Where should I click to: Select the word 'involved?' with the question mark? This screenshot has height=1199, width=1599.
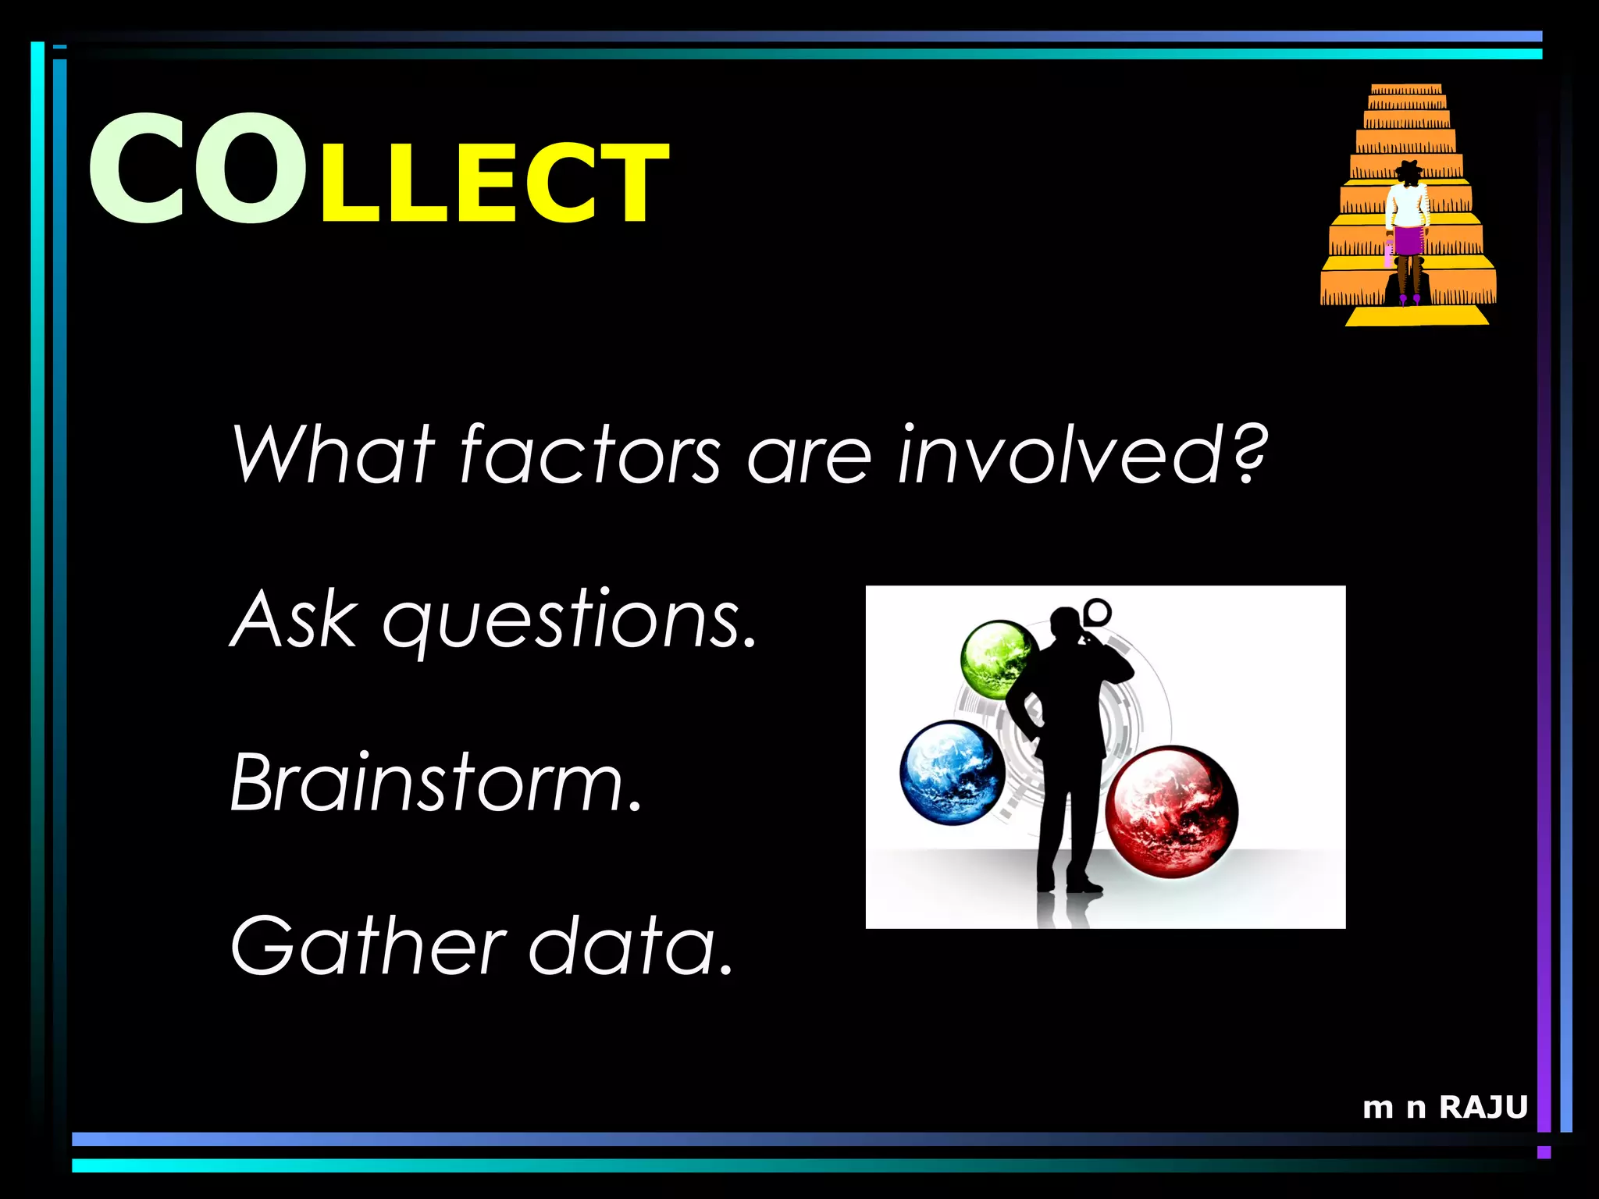(x=1081, y=454)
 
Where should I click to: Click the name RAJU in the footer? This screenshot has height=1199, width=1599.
(x=1483, y=1107)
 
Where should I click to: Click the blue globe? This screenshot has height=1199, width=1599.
(x=952, y=772)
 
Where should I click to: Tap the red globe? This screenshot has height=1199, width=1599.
(x=1171, y=812)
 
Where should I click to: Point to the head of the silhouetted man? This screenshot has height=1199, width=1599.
(x=1065, y=624)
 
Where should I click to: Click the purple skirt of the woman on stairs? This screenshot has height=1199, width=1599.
(x=1409, y=240)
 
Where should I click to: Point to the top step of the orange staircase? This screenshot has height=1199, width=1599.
(x=1406, y=89)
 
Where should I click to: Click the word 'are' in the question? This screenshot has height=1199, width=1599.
(x=809, y=457)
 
